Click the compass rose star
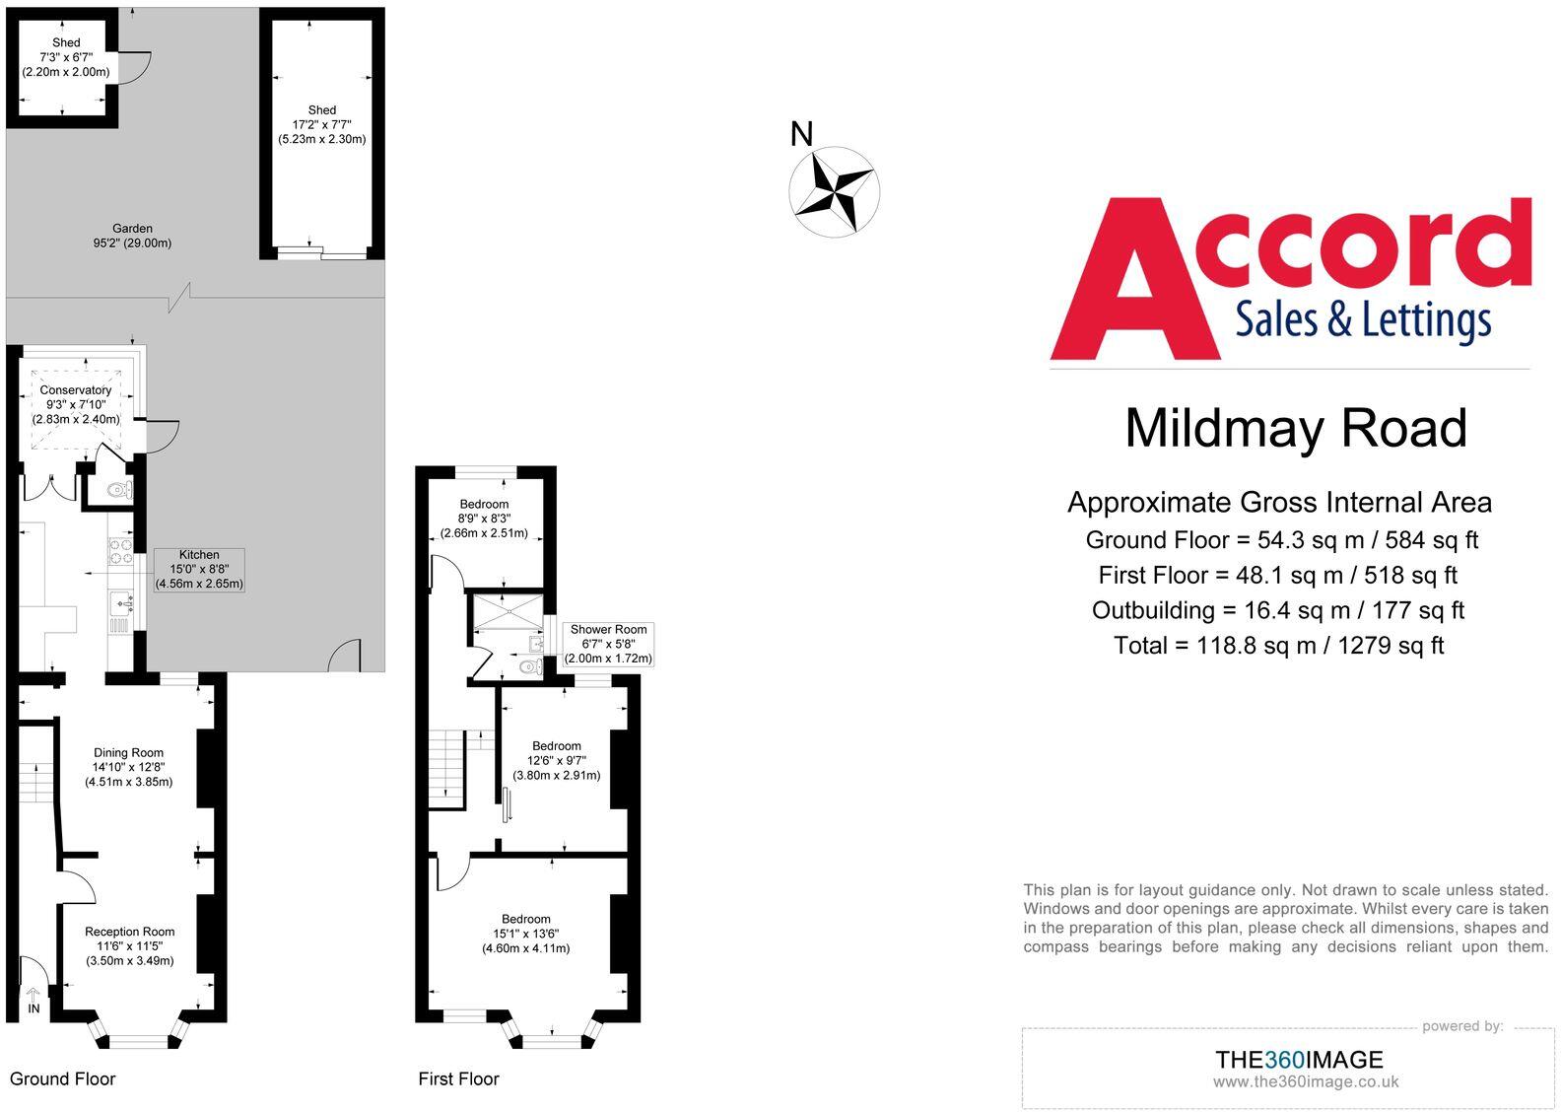[834, 191]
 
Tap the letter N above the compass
[802, 134]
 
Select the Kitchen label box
[199, 570]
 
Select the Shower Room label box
[608, 644]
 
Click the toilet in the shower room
[531, 667]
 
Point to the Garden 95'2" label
[132, 236]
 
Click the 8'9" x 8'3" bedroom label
[484, 519]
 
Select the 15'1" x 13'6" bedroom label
[525, 934]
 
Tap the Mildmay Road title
[1296, 429]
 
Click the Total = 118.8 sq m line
[1278, 646]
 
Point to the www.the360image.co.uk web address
[1305, 1081]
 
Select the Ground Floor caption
[63, 1078]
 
